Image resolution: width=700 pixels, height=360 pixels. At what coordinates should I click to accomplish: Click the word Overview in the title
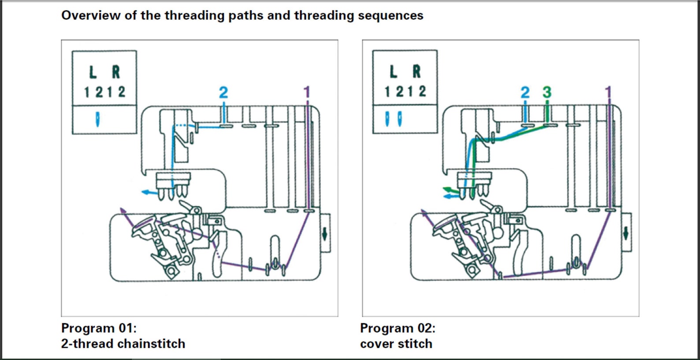pos(91,15)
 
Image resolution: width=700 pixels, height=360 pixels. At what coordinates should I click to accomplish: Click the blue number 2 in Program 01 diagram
pos(223,93)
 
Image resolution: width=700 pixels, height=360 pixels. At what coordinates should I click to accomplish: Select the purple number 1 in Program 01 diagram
pos(306,92)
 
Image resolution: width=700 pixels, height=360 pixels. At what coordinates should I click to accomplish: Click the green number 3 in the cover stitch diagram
pos(547,92)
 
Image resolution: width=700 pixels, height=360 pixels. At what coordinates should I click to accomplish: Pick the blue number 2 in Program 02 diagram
pos(525,92)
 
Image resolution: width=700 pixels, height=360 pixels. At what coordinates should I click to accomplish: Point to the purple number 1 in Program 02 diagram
pos(608,92)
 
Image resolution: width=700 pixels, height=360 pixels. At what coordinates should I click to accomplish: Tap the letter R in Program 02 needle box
pos(417,71)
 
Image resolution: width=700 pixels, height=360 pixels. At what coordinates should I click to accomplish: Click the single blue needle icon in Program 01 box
pos(97,119)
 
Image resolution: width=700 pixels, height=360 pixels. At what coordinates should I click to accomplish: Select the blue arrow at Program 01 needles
pos(150,192)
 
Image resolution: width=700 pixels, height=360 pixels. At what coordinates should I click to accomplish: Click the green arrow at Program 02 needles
pos(451,189)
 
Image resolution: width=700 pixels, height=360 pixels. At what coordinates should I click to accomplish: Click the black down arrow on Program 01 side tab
pos(324,234)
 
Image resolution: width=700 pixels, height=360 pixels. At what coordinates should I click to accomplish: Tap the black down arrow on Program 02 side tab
pos(626,233)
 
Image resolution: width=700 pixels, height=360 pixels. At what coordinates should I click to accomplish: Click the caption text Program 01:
pos(99,328)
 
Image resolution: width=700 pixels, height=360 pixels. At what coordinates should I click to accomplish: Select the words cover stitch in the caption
pos(396,344)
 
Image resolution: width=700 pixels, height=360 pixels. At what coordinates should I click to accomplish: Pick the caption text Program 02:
pos(398,328)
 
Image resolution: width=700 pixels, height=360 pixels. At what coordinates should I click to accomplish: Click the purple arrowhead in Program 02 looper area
pos(424,213)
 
